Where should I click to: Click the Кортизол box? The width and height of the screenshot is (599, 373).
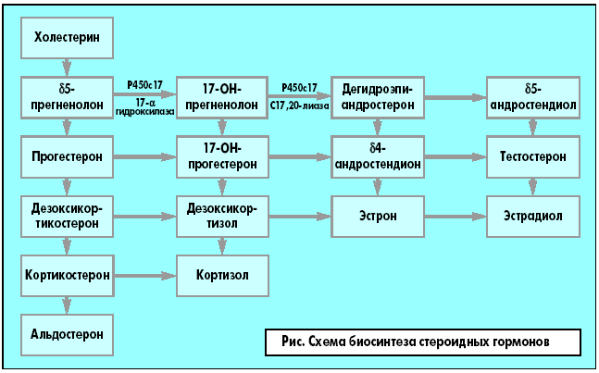pyautogui.click(x=222, y=276)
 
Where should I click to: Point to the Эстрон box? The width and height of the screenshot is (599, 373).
pyautogui.click(x=378, y=217)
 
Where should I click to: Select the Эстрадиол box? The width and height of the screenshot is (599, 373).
pyautogui.click(x=532, y=217)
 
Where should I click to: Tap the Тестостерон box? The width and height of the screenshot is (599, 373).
pyautogui.click(x=532, y=156)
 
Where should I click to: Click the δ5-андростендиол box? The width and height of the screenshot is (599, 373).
pyautogui.click(x=532, y=96)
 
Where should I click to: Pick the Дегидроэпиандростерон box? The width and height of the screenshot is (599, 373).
pyautogui.click(x=378, y=96)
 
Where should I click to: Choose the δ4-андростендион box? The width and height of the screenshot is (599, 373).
pyautogui.click(x=378, y=156)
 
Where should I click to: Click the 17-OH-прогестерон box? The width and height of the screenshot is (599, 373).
pyautogui.click(x=222, y=156)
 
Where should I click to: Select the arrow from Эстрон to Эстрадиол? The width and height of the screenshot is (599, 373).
pyautogui.click(x=455, y=217)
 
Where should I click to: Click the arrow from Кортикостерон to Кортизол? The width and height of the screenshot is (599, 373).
pyautogui.click(x=144, y=276)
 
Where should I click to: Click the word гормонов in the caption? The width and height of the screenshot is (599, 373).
pyautogui.click(x=522, y=342)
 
